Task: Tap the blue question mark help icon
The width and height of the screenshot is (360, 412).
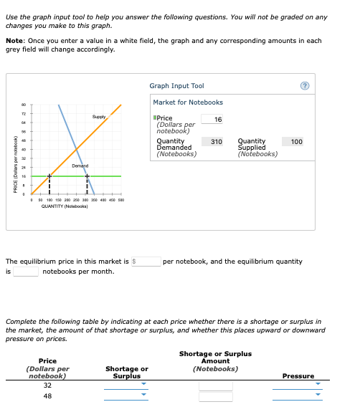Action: [x=325, y=87]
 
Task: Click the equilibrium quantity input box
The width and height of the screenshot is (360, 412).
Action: [x=25, y=272]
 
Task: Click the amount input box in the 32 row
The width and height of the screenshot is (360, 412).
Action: [x=215, y=385]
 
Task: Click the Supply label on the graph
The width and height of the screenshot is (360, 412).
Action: [x=99, y=116]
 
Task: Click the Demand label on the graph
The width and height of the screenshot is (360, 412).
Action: [x=80, y=165]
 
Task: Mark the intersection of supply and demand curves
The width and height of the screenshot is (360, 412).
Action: [x=77, y=149]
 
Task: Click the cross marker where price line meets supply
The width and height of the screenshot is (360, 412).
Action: [x=49, y=176]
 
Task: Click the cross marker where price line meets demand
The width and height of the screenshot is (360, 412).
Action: [x=87, y=176]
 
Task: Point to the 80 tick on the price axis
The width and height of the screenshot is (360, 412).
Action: [x=23, y=104]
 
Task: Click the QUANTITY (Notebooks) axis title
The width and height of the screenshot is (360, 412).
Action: [x=65, y=206]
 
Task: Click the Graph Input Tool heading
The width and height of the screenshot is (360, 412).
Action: [x=176, y=86]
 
